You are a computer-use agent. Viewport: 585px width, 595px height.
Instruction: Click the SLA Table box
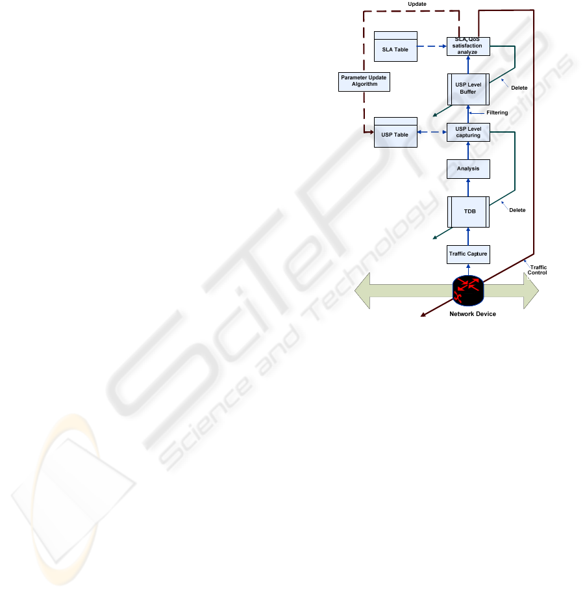[395, 46]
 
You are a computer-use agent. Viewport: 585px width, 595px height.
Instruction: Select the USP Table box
[395, 132]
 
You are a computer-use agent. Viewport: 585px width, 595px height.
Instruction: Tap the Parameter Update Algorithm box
[364, 81]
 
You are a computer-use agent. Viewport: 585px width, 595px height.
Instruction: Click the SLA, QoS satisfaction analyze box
[468, 46]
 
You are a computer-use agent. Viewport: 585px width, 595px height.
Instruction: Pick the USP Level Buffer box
[468, 89]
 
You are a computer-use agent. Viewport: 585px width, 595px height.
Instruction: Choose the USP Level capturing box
[468, 132]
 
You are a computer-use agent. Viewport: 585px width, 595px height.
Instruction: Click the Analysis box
[468, 168]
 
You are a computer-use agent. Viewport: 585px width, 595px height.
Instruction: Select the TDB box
[468, 212]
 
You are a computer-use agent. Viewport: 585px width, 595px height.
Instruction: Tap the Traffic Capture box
[468, 254]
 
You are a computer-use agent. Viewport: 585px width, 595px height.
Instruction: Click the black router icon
[468, 291]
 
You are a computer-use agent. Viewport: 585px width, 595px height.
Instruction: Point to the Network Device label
[473, 314]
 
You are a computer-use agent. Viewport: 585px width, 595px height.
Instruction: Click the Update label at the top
[417, 4]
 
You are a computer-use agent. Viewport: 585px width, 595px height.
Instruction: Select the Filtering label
[497, 112]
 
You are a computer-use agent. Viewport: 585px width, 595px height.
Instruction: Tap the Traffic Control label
[537, 270]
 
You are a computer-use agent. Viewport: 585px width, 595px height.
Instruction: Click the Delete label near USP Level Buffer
[519, 88]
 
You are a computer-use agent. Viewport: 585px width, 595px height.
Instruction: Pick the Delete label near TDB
[517, 210]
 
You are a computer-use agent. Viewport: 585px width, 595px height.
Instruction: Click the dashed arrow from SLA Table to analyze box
[432, 46]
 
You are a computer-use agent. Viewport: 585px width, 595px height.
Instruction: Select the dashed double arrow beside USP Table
[432, 132]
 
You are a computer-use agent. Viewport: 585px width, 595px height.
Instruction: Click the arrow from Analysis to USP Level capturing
[468, 150]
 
